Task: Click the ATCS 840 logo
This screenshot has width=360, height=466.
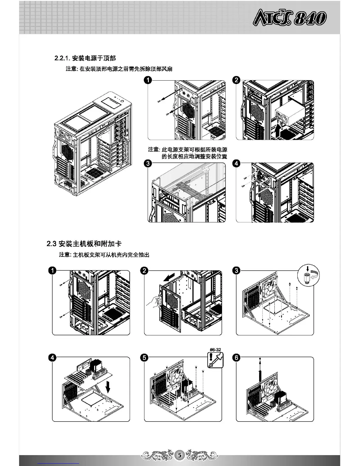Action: click(x=289, y=18)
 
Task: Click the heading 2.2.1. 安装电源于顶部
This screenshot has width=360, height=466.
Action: click(x=85, y=58)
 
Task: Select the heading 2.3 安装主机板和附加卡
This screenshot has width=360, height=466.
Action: click(x=84, y=244)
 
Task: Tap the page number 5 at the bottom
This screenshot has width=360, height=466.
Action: click(x=180, y=455)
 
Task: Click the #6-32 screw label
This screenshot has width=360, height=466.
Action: click(x=215, y=349)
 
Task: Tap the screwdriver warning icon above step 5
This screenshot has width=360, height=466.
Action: click(x=215, y=360)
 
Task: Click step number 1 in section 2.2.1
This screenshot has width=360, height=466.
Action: click(x=148, y=80)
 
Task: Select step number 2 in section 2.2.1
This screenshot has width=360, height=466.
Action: click(x=236, y=80)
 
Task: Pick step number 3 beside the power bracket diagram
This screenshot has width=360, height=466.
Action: click(x=148, y=163)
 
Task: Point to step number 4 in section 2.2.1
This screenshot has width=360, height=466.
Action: click(x=236, y=163)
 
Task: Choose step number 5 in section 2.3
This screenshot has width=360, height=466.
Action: click(x=144, y=357)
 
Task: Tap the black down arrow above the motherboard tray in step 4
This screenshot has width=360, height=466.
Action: click(x=108, y=386)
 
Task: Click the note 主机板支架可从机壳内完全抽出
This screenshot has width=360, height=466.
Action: click(x=104, y=254)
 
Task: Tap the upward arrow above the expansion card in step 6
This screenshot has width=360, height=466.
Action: click(x=260, y=365)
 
